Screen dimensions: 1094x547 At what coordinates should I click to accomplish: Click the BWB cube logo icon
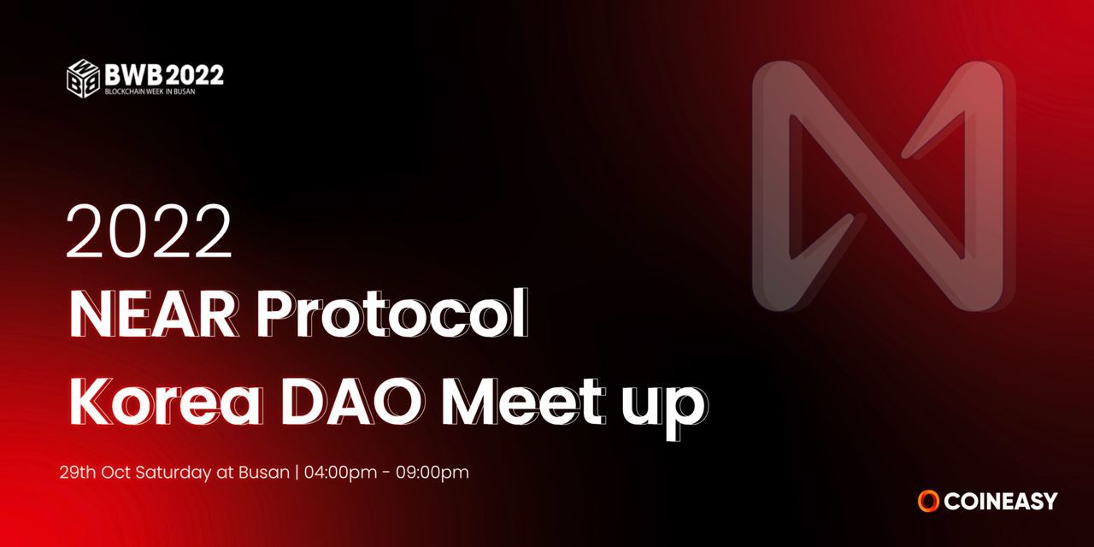pos(83,78)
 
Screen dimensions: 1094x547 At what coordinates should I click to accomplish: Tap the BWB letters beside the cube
pos(134,74)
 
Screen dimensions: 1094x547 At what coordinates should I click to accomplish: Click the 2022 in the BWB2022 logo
pos(195,74)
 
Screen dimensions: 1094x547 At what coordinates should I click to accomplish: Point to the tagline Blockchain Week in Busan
pos(150,91)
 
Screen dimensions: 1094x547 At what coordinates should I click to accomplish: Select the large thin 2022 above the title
pos(149,231)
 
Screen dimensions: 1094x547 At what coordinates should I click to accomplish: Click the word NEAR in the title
pos(152,314)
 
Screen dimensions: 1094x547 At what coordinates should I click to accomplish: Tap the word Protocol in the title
pos(392,313)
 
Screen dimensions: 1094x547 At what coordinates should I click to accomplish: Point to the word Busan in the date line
pos(264,473)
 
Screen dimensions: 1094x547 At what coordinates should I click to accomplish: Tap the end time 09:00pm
pos(432,473)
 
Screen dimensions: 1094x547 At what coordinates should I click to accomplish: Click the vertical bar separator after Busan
pos(297,473)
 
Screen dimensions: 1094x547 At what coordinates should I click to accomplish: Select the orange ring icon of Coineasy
pos(928,502)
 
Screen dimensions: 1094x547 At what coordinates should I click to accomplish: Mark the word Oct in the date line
pos(115,473)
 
